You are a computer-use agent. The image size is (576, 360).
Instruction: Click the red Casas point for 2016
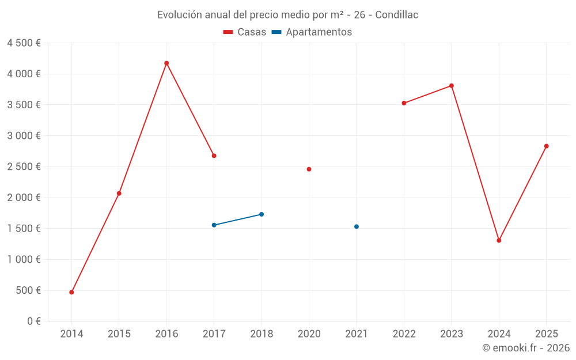click(166, 63)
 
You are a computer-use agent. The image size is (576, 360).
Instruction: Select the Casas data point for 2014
click(71, 292)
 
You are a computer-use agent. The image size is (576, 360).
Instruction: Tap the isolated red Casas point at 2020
click(309, 169)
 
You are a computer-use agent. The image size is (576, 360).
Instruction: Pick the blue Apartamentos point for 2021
click(357, 226)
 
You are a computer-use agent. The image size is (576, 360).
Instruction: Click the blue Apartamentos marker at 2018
click(262, 214)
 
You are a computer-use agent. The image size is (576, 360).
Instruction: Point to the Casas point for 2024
click(499, 240)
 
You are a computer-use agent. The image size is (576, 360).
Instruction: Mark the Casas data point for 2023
click(452, 86)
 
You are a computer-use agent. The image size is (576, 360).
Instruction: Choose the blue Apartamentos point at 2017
click(214, 225)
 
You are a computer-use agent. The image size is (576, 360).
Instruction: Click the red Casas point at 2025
click(546, 146)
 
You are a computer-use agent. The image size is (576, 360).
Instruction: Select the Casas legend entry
click(245, 32)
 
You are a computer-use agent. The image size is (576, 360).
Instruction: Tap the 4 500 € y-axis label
click(24, 43)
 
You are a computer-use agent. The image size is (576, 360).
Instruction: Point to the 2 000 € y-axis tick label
click(24, 198)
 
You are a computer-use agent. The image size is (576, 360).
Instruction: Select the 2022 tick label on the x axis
click(404, 334)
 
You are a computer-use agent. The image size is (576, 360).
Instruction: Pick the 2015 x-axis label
click(119, 334)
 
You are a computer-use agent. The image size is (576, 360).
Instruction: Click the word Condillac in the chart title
click(397, 15)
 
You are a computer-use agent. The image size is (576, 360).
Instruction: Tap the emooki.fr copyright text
click(526, 348)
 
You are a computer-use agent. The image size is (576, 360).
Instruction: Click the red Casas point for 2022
click(404, 103)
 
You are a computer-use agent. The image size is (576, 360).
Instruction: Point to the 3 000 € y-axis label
click(24, 136)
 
